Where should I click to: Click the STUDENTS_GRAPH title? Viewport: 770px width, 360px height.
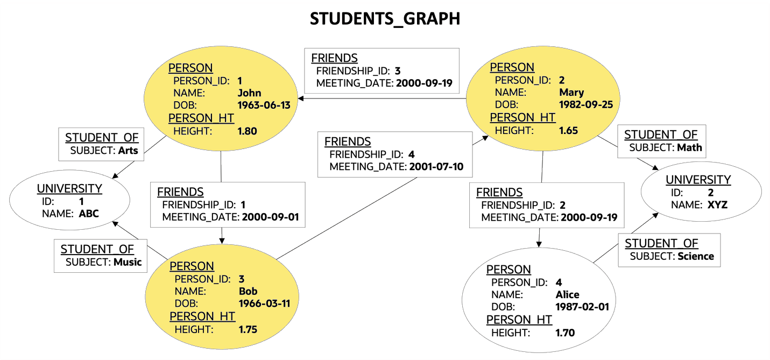(x=385, y=19)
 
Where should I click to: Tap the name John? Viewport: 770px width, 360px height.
(x=249, y=93)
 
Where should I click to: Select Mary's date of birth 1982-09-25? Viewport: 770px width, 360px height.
(x=586, y=104)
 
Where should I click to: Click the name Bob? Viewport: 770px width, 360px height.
(x=248, y=291)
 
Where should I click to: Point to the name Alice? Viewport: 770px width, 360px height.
(x=567, y=295)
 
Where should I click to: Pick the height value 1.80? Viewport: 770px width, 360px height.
(x=247, y=131)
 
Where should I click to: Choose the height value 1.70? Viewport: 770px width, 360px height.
(x=565, y=333)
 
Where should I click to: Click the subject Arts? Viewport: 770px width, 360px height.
(x=128, y=151)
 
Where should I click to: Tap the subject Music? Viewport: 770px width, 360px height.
(x=128, y=263)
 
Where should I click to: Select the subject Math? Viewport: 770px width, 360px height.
(x=690, y=147)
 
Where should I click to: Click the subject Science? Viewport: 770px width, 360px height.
(x=695, y=257)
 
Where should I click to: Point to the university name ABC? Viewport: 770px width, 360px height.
(x=89, y=214)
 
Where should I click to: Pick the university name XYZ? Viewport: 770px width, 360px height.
(x=717, y=205)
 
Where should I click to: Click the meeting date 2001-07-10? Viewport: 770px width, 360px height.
(x=436, y=167)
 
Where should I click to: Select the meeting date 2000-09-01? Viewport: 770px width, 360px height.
(x=270, y=217)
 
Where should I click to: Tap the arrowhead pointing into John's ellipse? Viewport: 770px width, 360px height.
(x=301, y=98)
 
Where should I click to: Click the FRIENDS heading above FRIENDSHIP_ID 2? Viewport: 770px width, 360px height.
(x=499, y=193)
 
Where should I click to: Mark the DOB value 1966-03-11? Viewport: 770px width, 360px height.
(x=264, y=303)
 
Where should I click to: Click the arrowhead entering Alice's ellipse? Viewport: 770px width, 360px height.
(x=539, y=244)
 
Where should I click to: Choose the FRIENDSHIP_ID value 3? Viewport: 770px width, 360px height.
(x=397, y=71)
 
